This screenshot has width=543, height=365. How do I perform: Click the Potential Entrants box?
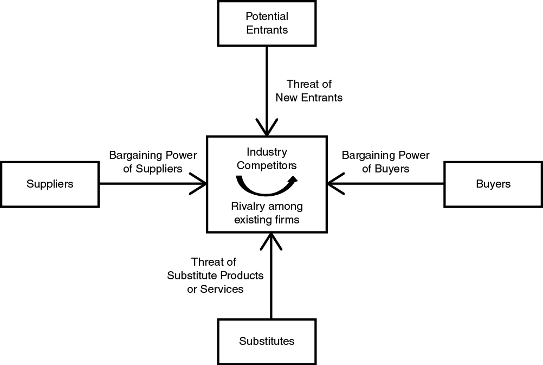click(x=267, y=23)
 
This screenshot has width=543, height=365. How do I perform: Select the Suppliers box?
click(x=50, y=184)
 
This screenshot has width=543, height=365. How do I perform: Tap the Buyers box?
click(x=493, y=184)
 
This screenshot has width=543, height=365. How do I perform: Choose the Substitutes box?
click(x=267, y=341)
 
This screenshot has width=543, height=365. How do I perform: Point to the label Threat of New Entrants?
click(x=309, y=91)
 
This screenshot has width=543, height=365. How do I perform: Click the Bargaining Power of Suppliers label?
click(x=153, y=162)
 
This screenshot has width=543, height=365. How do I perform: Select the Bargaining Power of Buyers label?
click(x=385, y=162)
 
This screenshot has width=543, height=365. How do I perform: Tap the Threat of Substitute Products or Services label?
click(x=215, y=276)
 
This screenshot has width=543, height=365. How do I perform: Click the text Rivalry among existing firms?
click(x=267, y=213)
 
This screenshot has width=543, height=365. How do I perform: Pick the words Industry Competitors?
click(x=267, y=158)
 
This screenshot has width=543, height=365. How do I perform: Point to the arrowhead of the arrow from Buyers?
click(x=334, y=184)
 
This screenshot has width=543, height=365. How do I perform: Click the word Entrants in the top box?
click(x=267, y=30)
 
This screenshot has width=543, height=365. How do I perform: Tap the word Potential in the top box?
click(x=267, y=16)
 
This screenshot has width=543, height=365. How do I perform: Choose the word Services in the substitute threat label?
click(x=222, y=289)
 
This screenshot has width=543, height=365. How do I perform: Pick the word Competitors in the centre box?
click(x=267, y=165)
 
